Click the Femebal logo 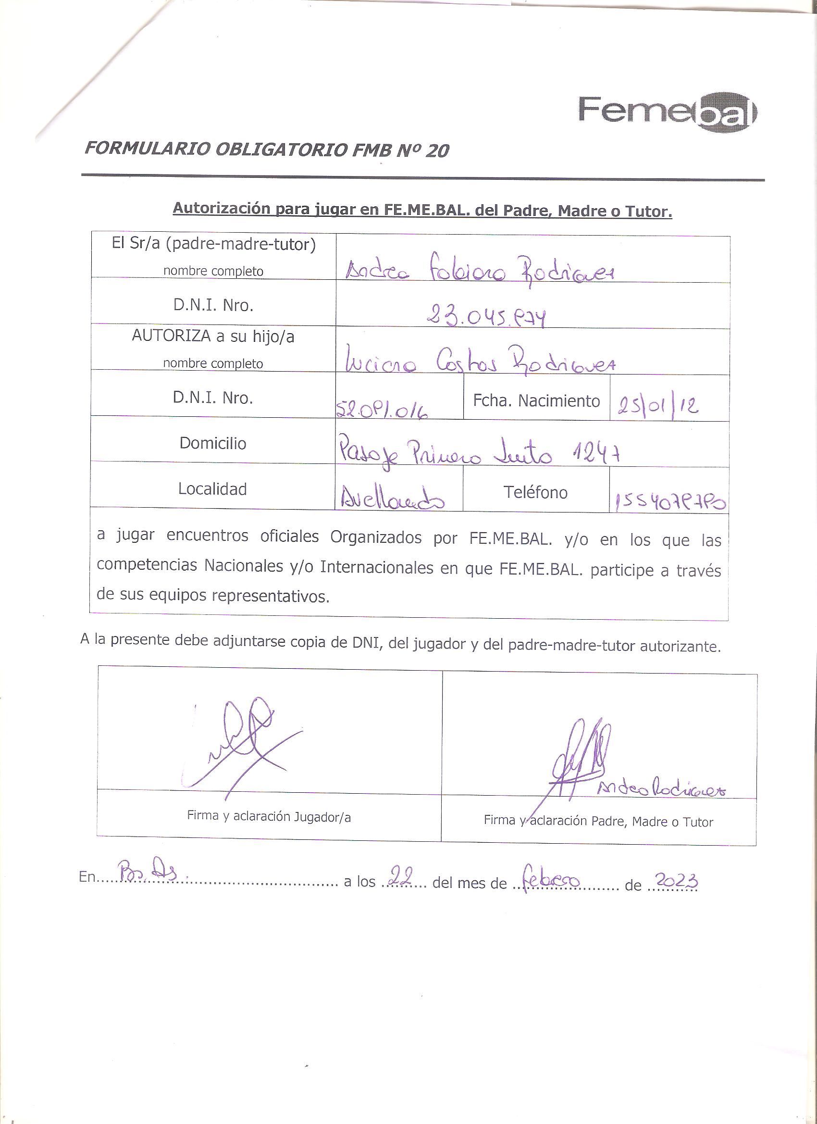pyautogui.click(x=668, y=112)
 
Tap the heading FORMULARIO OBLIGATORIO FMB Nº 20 pyautogui.click(x=267, y=150)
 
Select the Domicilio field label pyautogui.click(x=212, y=443)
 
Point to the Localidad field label pyautogui.click(x=212, y=489)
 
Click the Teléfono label pyautogui.click(x=535, y=492)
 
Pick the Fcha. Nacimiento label pyautogui.click(x=536, y=400)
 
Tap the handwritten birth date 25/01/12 pyautogui.click(x=658, y=406)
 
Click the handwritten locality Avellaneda pyautogui.click(x=392, y=501)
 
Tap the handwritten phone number pyautogui.click(x=670, y=503)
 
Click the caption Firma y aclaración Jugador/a pyautogui.click(x=269, y=817)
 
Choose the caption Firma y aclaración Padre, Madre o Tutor pyautogui.click(x=598, y=821)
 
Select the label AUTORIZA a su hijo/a pyautogui.click(x=212, y=337)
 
